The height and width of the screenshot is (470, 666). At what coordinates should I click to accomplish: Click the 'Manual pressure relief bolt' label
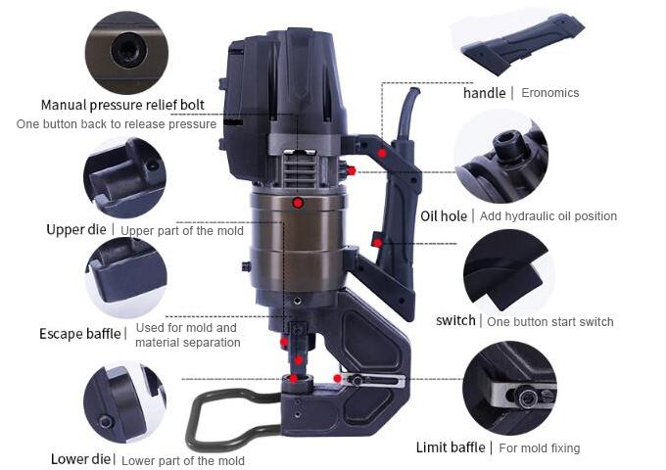click(x=122, y=105)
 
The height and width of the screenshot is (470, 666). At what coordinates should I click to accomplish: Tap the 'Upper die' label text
click(x=76, y=230)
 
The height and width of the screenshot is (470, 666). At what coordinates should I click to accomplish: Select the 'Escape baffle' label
click(x=80, y=334)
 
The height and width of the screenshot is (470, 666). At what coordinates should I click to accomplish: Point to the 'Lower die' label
click(x=80, y=459)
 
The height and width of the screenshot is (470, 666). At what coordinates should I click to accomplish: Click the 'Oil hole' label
click(x=444, y=216)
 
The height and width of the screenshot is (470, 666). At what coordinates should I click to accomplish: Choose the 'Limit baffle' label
click(x=451, y=447)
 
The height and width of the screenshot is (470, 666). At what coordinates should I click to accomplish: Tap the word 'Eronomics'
click(x=550, y=93)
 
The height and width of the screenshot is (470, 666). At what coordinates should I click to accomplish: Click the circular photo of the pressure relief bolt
click(x=126, y=53)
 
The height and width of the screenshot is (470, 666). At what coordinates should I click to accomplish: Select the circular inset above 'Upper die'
click(x=125, y=178)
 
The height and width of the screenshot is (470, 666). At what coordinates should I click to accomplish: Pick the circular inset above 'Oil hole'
click(x=501, y=157)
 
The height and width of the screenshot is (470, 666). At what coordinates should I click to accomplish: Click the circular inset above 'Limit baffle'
click(x=509, y=389)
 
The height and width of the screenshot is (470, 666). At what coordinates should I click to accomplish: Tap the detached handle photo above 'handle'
click(x=522, y=45)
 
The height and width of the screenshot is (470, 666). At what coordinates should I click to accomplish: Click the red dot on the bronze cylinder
click(x=298, y=203)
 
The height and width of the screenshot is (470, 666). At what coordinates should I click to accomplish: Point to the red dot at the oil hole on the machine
click(x=352, y=170)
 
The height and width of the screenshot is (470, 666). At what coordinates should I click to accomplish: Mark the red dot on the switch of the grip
click(x=377, y=243)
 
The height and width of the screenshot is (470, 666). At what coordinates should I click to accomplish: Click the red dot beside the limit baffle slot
click(x=338, y=378)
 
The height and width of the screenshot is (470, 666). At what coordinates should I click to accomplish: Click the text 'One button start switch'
click(x=550, y=322)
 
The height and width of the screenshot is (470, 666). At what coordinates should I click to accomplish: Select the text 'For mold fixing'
click(x=540, y=447)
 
